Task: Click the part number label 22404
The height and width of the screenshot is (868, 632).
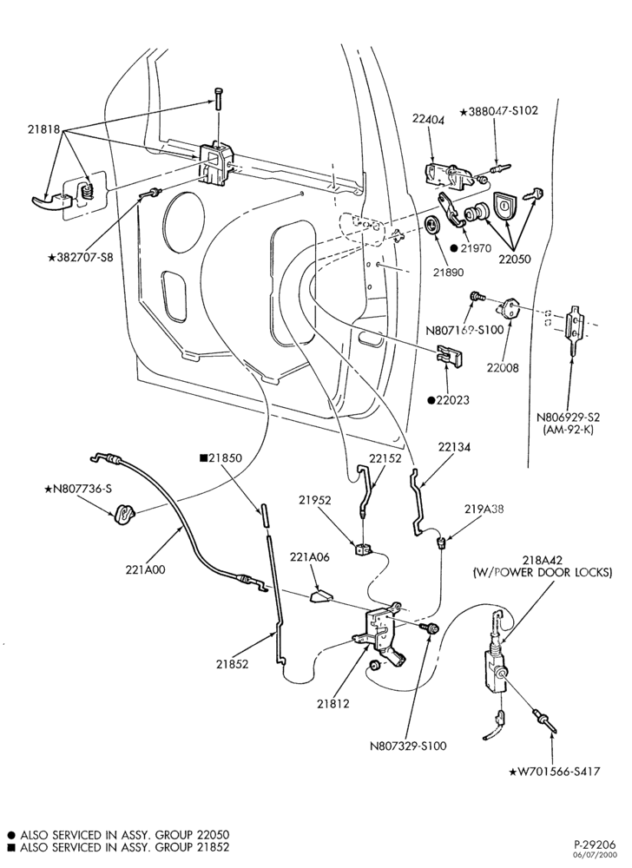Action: click(x=428, y=119)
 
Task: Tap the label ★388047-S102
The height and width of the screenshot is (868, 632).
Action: click(x=498, y=110)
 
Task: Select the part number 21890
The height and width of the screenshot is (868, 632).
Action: click(x=448, y=272)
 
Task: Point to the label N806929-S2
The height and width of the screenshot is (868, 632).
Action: click(x=568, y=418)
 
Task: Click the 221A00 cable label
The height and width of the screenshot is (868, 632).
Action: click(x=146, y=569)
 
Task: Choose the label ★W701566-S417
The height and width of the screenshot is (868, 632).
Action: click(x=554, y=771)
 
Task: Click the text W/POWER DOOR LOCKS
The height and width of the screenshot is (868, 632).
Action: click(x=543, y=572)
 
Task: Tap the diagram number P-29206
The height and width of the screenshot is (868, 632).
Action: click(x=595, y=845)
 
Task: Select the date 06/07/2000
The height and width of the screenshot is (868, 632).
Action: click(x=599, y=855)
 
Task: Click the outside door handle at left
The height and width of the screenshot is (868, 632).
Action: click(x=53, y=201)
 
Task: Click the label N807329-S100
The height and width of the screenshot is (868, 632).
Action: click(x=408, y=745)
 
